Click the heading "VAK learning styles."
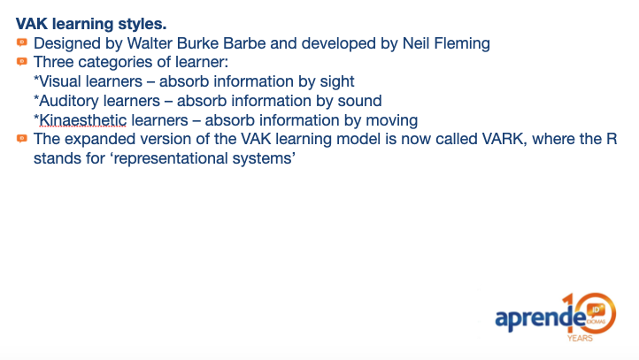[91, 24]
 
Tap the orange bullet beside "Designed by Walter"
[22, 42]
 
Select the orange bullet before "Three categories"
[22, 62]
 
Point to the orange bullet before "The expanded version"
[22, 139]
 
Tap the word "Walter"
[150, 43]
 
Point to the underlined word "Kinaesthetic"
[83, 120]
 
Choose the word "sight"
[337, 82]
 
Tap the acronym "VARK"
[503, 139]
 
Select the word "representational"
[170, 158]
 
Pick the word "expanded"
[100, 139]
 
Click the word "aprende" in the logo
[540, 318]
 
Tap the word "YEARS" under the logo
[580, 338]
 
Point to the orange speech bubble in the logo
[596, 310]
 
